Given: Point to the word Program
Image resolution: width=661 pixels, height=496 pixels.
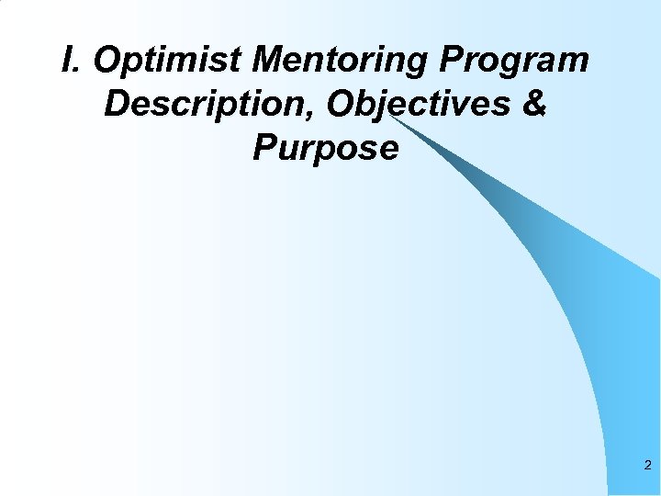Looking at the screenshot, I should (x=516, y=62).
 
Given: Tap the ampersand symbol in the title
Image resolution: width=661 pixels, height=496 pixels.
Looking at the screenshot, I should (x=533, y=104).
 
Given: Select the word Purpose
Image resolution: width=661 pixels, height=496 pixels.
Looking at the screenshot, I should (x=326, y=147).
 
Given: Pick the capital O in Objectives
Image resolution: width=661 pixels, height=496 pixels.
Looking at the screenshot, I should (x=342, y=104).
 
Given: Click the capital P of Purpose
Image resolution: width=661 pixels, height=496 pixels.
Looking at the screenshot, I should (x=265, y=147).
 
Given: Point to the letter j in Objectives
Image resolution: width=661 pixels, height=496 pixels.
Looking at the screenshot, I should (x=387, y=107).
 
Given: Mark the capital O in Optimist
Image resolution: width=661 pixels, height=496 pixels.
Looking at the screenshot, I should (x=106, y=61).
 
